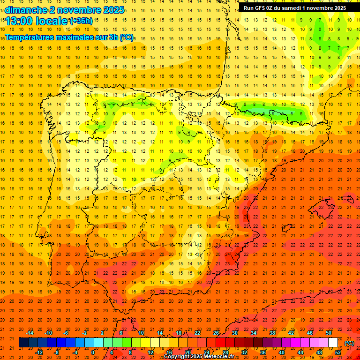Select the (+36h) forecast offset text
click(x=81, y=21)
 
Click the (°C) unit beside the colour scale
click(x=349, y=343)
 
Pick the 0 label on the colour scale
click(x=93, y=352)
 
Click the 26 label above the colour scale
click(x=216, y=333)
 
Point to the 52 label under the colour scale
click(x=338, y=352)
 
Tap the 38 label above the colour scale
click(x=272, y=333)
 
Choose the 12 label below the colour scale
click(x=150, y=352)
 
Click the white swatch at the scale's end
click(x=333, y=343)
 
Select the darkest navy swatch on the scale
click(x=23, y=343)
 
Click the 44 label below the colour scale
click(x=300, y=352)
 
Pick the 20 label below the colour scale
click(x=188, y=352)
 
